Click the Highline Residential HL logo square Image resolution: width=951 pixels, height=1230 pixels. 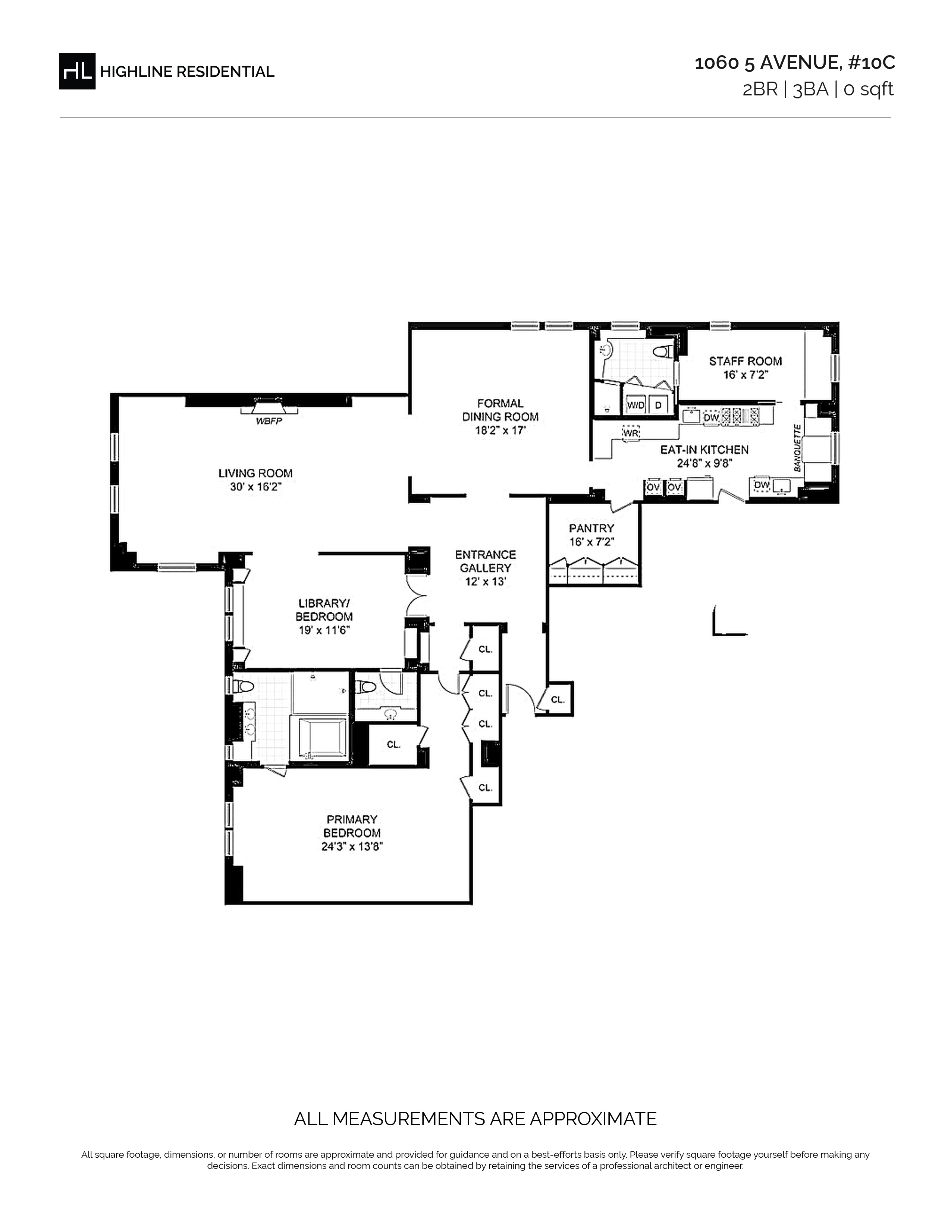(x=77, y=71)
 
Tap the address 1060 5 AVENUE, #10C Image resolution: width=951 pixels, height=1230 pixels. (x=794, y=63)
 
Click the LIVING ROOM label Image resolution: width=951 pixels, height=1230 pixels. (x=255, y=474)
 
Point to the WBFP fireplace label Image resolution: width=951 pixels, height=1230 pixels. (x=269, y=421)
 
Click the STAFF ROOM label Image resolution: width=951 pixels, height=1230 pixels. (x=746, y=361)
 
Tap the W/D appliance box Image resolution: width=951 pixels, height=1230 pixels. (x=635, y=405)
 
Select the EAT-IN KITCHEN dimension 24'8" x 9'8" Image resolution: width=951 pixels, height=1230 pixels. (x=704, y=464)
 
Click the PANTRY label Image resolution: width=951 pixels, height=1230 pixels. (x=591, y=528)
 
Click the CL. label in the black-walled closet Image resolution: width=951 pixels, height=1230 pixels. (x=394, y=745)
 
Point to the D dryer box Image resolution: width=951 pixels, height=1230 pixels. (x=658, y=405)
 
